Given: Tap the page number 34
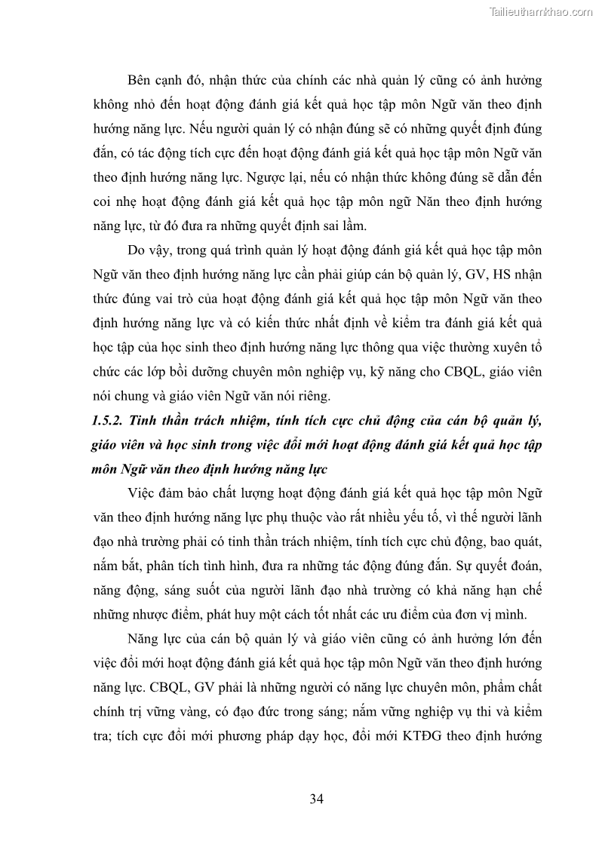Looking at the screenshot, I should click(316, 799).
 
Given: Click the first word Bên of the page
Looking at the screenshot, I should click(140, 80).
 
